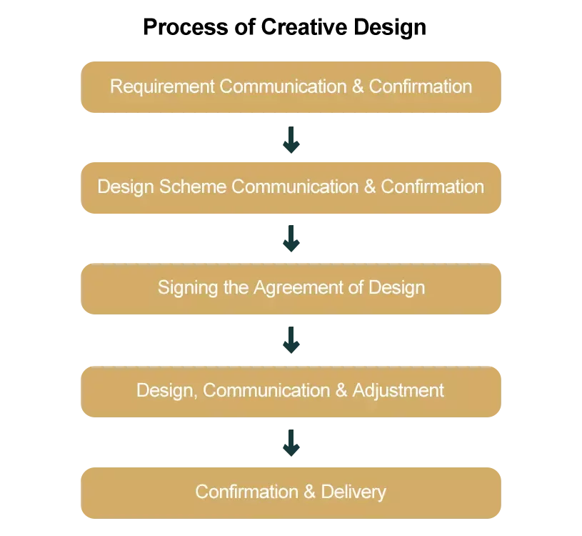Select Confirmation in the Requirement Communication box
point(421,86)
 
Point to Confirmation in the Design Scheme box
point(433,187)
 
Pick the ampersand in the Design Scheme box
point(369,187)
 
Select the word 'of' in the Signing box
point(355,287)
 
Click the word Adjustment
point(398,390)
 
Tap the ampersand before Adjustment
point(341,390)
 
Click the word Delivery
point(353,492)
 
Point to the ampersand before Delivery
point(309,492)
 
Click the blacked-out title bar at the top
point(285,29)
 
